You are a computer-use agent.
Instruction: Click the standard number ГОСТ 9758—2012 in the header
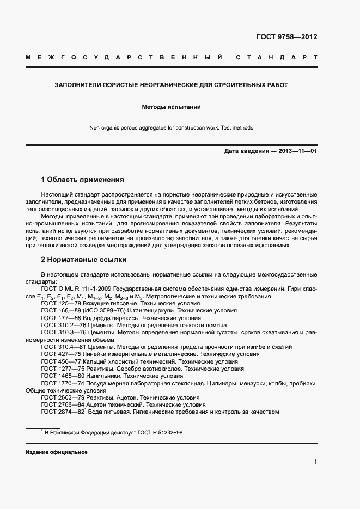coord(286,37)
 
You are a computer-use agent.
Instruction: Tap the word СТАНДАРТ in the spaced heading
coord(276,57)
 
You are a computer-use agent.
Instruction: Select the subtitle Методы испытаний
coord(171,107)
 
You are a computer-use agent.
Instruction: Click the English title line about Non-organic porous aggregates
coord(171,128)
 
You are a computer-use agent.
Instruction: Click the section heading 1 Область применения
coord(83,179)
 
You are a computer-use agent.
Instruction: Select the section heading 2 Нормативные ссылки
coord(84,259)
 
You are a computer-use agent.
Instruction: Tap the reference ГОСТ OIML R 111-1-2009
coord(76,289)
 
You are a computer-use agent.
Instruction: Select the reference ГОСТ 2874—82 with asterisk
coord(63,412)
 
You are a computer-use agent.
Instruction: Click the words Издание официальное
coord(57,452)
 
